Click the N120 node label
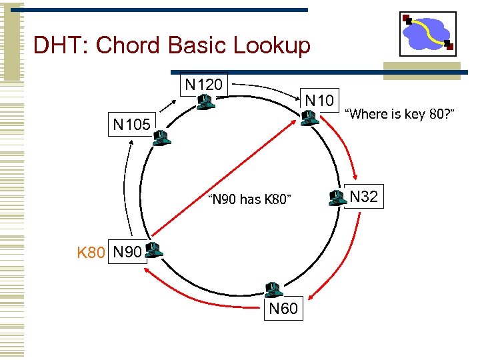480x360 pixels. [x=204, y=84]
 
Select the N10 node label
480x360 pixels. [x=319, y=100]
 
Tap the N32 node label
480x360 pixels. [x=363, y=197]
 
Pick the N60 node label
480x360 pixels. [x=283, y=309]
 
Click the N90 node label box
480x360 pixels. [x=127, y=253]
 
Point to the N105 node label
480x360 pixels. [x=132, y=124]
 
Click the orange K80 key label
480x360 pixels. [x=91, y=253]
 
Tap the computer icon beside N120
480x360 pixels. [x=205, y=102]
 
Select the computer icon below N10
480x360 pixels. [x=308, y=119]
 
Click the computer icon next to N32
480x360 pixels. [x=337, y=197]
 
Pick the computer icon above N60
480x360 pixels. [x=272, y=289]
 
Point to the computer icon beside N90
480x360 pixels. [x=153, y=250]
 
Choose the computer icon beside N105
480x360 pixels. [x=160, y=138]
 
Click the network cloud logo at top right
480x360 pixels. [x=427, y=33]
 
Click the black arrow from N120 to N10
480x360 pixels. [x=267, y=89]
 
